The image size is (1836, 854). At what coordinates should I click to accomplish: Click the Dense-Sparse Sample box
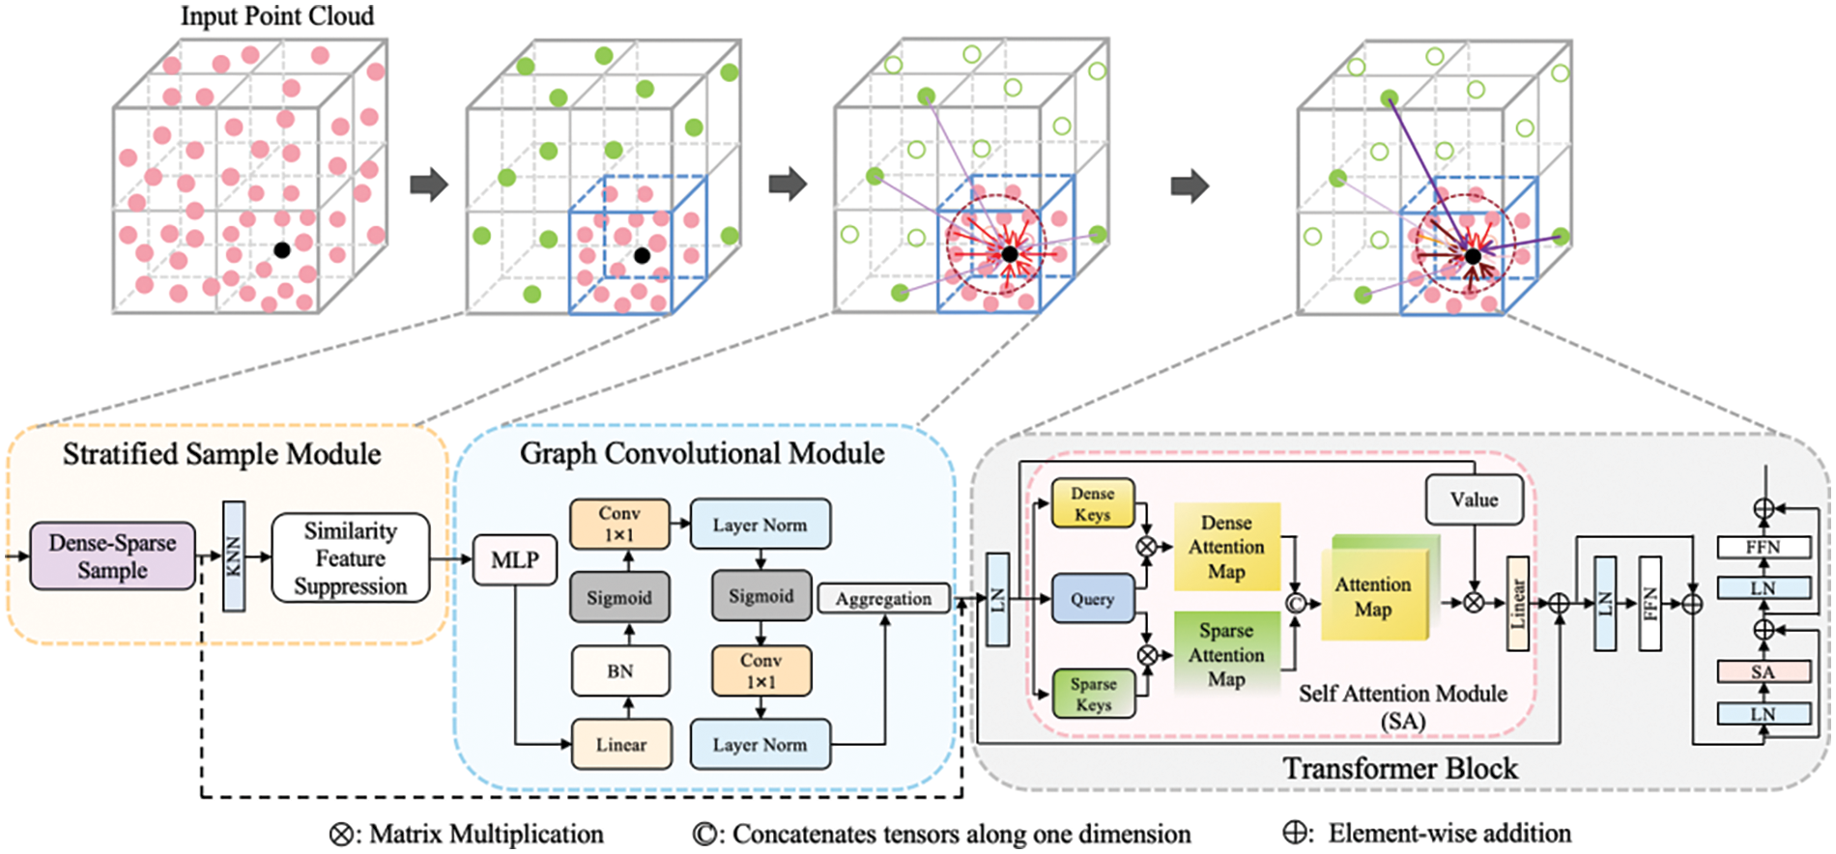(112, 555)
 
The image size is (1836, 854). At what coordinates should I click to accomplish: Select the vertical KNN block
(233, 555)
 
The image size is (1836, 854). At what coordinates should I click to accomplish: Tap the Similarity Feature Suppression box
(350, 558)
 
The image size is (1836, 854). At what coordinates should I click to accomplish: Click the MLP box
(514, 559)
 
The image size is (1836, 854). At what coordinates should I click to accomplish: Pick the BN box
(619, 670)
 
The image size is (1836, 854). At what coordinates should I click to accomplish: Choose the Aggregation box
(883, 599)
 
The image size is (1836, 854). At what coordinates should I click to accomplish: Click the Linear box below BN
(620, 744)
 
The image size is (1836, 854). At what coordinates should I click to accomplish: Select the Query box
(1092, 599)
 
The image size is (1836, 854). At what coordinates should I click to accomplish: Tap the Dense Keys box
(1092, 503)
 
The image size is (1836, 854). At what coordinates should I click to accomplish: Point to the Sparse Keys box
(1093, 694)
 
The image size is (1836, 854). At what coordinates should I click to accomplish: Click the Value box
(1474, 499)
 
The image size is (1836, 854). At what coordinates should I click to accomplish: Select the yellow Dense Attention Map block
(1226, 547)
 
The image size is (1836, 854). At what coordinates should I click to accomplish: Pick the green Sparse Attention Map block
(1226, 654)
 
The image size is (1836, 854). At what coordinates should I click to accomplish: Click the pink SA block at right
(1763, 671)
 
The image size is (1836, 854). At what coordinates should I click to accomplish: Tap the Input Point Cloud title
(277, 15)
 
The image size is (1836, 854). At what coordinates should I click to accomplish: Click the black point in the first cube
(281, 250)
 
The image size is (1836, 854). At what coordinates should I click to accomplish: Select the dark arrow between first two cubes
(428, 184)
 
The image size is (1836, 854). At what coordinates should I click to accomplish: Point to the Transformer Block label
(1400, 768)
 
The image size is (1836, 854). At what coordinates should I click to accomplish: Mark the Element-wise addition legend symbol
(1296, 834)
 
